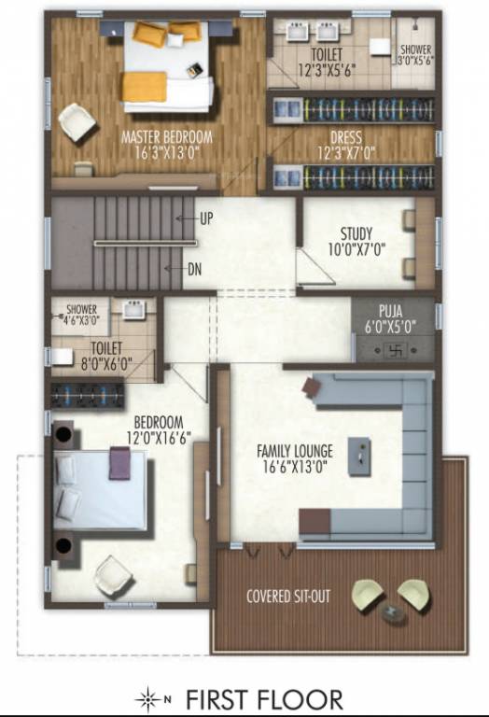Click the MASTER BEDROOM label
tap(167, 137)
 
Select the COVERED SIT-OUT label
tap(288, 596)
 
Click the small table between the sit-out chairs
tap(392, 613)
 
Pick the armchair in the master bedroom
tap(77, 121)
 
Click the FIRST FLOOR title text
tap(264, 698)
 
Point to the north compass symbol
tap(150, 698)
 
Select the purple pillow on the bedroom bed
tap(119, 462)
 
